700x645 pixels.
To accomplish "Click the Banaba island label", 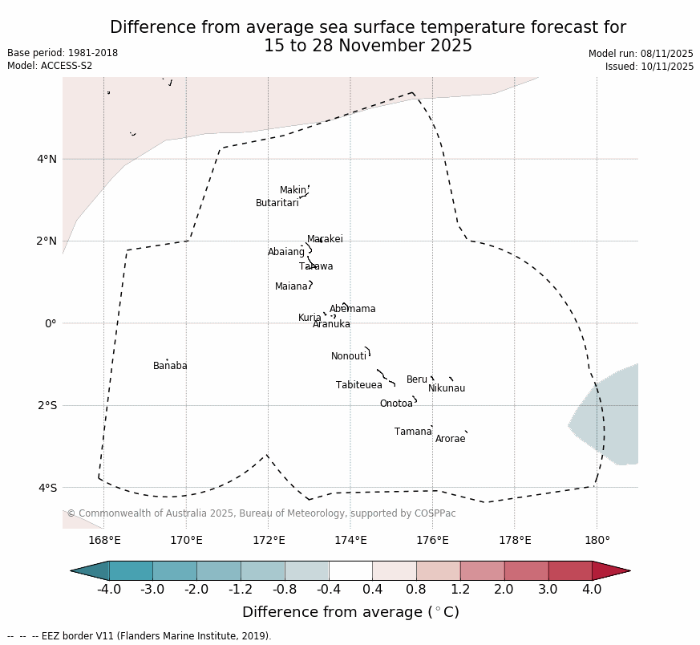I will point(170,366).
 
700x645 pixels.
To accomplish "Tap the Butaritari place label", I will point(277,203).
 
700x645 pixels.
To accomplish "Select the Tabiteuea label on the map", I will point(358,385).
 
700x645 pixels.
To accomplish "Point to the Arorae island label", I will point(450,439).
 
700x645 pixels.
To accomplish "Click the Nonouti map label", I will point(349,356).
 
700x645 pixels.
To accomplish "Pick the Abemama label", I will point(352,309).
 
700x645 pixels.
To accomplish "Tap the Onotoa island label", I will point(396,404).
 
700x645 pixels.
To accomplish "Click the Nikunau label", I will point(446,388).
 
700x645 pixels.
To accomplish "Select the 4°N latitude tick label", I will point(47,159).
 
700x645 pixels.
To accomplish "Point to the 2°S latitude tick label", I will point(47,405).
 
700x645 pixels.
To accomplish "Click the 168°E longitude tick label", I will point(104,540).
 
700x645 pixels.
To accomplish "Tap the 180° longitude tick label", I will point(597,540).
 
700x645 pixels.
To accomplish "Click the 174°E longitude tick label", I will point(350,540).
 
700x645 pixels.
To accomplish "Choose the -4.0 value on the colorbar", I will point(109,590).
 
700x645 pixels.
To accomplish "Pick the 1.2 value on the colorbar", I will point(460,590).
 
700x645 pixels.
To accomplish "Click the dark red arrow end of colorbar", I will point(610,570).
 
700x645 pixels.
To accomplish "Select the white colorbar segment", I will point(350,570).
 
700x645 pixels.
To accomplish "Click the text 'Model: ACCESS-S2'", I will point(50,66).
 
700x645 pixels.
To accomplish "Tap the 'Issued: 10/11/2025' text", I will point(649,67).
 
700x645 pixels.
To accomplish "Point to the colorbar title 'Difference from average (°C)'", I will point(350,612).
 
